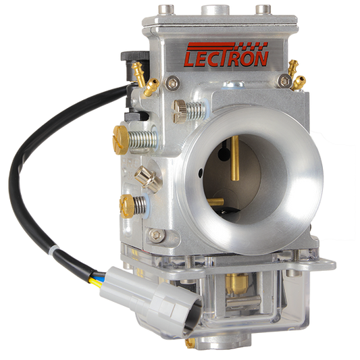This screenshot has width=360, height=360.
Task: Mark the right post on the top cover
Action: click(260, 9)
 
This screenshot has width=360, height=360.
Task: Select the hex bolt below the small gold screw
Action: click(157, 236)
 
